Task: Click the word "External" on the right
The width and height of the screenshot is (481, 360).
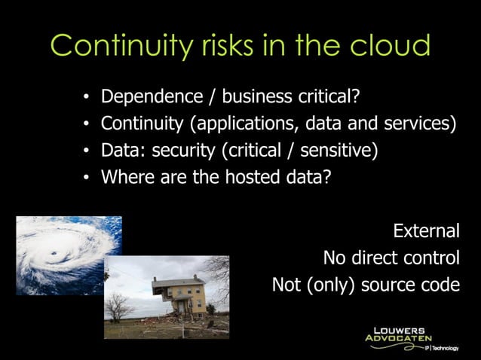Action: (x=426, y=230)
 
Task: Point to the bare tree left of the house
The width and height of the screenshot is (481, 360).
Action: (x=118, y=307)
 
